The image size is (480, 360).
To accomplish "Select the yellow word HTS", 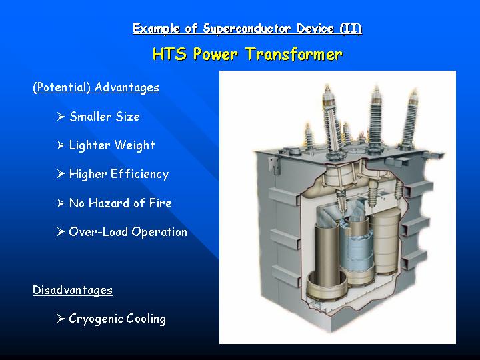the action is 169,54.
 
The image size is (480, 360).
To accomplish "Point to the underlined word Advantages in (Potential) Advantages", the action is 127,87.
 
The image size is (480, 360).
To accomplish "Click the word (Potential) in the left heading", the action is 61,87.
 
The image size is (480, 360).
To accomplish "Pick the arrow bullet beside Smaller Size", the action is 61,116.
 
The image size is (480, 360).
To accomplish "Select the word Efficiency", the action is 139,174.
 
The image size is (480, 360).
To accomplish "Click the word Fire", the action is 161,203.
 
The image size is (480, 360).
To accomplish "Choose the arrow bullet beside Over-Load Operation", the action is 61,232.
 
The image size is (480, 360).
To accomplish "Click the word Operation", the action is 159,232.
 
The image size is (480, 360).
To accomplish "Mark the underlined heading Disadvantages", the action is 73,289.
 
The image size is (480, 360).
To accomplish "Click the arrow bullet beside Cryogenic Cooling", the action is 61,319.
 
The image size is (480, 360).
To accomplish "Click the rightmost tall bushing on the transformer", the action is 411,119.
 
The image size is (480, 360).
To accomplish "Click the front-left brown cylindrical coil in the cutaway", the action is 327,260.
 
